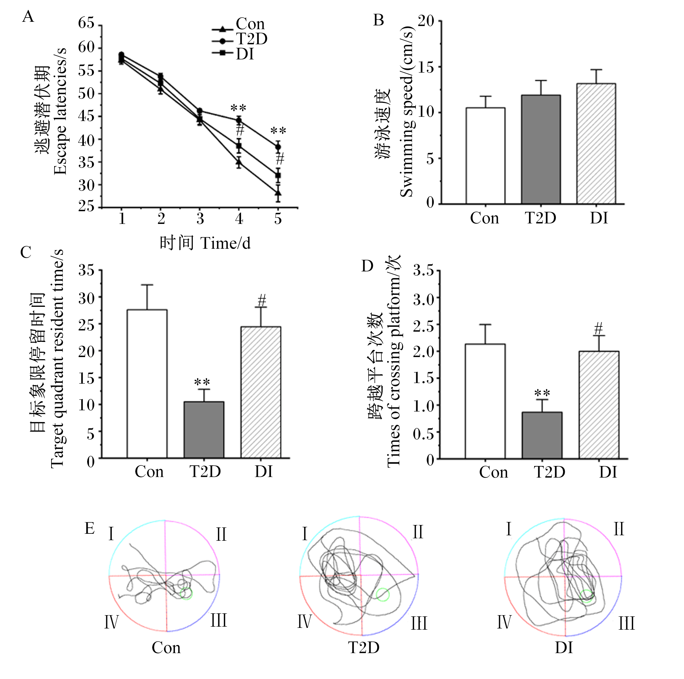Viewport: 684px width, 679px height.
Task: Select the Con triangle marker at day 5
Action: [278, 193]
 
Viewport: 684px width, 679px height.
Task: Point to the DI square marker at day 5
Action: [278, 175]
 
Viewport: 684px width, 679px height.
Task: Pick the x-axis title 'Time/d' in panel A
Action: [225, 243]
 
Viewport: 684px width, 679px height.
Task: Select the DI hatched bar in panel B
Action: [596, 144]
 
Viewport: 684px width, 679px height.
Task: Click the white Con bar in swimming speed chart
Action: [485, 156]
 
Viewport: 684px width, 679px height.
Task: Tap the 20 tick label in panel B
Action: [426, 21]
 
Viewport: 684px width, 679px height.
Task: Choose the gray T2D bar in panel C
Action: [204, 430]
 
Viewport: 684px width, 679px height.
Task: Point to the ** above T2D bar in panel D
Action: [542, 393]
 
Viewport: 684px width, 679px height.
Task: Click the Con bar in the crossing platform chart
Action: [485, 401]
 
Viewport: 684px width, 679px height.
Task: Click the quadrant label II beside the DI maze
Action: [619, 530]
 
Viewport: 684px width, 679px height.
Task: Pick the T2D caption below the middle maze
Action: [363, 648]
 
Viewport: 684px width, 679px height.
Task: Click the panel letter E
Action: [90, 529]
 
